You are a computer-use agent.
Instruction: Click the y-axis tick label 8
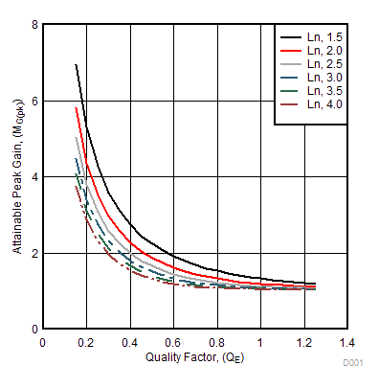[34, 24]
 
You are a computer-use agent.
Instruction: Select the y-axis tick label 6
[34, 101]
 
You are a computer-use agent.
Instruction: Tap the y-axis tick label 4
[34, 177]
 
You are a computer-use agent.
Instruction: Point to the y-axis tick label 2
[34, 254]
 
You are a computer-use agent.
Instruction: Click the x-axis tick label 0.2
[86, 342]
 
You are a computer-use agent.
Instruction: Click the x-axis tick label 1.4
[346, 342]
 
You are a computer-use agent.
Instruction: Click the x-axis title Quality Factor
[194, 357]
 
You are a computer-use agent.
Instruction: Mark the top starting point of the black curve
[76, 64]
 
